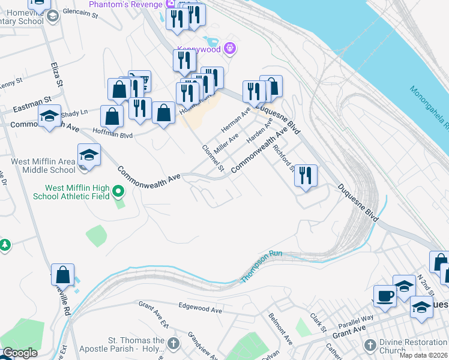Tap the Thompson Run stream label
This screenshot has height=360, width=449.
(262, 267)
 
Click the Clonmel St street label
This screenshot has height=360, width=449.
(213, 159)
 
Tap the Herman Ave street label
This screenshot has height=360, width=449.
(235, 121)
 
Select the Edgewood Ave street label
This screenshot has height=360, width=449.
(200, 308)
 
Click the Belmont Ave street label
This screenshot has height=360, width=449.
(280, 328)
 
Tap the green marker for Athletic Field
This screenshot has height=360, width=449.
(119, 192)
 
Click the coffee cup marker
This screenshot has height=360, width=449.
(384, 295)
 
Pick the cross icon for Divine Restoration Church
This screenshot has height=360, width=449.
(370, 346)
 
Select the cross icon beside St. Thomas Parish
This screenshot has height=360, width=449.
(173, 344)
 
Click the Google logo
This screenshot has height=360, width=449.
(19, 353)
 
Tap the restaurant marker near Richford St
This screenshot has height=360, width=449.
(306, 176)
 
